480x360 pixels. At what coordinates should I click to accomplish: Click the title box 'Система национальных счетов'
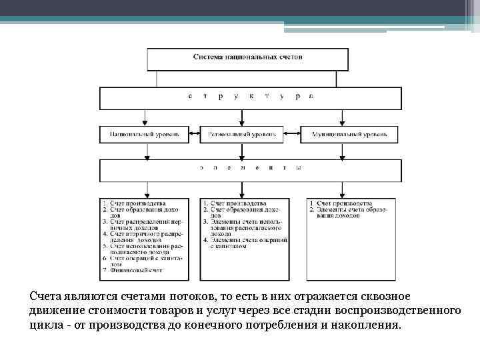(247, 58)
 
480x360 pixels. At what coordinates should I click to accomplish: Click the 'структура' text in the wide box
(250, 97)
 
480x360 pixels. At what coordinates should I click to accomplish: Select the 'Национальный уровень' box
(145, 135)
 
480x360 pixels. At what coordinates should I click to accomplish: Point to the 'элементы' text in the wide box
(250, 168)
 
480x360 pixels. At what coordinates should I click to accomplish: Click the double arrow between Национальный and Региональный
(194, 135)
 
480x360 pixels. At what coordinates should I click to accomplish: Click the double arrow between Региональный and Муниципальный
(292, 135)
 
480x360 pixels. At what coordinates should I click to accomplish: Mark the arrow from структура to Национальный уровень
(145, 117)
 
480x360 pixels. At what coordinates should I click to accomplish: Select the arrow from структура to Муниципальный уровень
(342, 117)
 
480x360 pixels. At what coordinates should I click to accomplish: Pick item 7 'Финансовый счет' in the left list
(133, 270)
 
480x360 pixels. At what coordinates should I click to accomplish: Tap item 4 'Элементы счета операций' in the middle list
(246, 243)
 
